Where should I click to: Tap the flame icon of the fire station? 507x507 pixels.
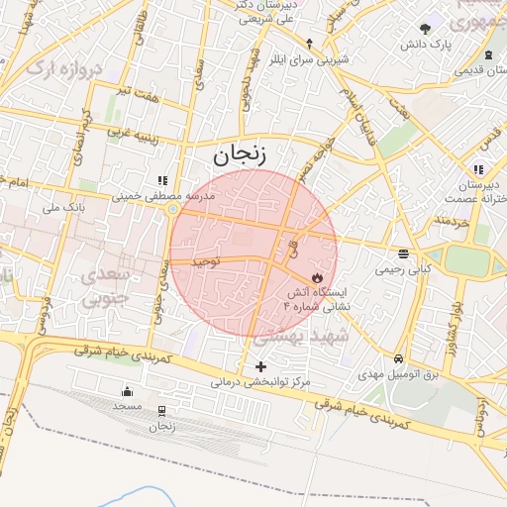(x=318, y=277)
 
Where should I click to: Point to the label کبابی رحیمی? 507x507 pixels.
(x=402, y=268)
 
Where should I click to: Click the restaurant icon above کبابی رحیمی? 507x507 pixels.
(x=403, y=253)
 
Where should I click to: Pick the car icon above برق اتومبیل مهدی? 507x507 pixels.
(x=398, y=358)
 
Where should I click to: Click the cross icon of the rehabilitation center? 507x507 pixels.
(x=260, y=366)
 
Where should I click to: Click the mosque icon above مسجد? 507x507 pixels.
(x=127, y=391)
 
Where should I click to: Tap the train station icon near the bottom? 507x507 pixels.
(x=161, y=411)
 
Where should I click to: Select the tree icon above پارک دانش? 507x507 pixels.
(x=426, y=29)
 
